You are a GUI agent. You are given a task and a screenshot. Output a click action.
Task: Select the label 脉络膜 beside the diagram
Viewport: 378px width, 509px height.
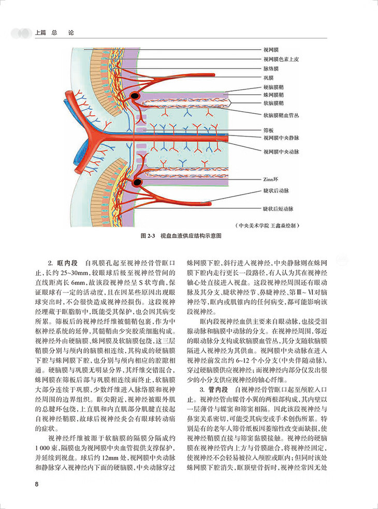tap(271, 68)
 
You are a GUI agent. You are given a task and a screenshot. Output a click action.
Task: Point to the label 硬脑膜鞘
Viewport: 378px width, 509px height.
tap(273, 87)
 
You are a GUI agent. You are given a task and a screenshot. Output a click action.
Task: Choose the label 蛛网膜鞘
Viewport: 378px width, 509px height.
tap(273, 95)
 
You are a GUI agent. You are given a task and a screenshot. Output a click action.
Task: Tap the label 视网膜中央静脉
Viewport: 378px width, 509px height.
tap(281, 138)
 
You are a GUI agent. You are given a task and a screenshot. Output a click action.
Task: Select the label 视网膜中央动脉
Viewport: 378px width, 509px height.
tap(281, 152)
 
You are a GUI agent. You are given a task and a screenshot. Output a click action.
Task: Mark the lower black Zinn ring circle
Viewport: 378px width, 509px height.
tap(137, 182)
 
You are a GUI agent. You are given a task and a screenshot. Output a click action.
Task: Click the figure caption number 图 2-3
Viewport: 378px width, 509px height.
tap(149, 235)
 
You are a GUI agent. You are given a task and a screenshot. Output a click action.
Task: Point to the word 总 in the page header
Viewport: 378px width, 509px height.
tap(53, 33)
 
